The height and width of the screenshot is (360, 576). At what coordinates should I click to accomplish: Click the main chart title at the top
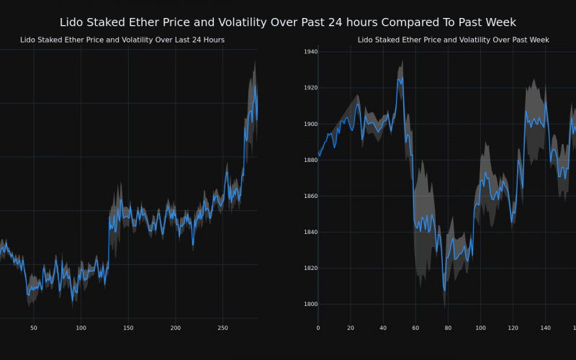pos(288,22)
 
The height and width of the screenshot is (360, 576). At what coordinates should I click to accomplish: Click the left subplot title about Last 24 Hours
pos(122,40)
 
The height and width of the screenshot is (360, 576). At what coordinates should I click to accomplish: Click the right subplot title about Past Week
pos(454,40)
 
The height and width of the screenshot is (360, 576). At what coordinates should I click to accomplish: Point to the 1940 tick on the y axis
pos(310,52)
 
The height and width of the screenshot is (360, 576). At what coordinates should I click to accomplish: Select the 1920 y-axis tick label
pos(310,88)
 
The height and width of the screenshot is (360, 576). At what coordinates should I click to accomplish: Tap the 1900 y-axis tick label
pos(310,124)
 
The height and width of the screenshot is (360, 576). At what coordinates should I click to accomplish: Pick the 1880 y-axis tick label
pos(310,160)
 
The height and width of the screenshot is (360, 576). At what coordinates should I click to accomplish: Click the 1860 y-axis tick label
pos(310,196)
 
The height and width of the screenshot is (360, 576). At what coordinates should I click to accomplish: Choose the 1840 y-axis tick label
pos(310,232)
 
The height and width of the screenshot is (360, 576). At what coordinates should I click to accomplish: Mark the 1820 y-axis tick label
pos(310,268)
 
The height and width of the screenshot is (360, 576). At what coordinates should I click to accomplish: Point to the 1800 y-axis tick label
pos(310,304)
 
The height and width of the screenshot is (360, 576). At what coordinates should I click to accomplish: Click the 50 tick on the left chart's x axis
pos(34,328)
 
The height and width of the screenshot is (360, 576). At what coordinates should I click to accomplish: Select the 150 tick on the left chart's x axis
pos(128,328)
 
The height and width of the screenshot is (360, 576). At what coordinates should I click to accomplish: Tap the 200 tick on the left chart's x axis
pos(175,328)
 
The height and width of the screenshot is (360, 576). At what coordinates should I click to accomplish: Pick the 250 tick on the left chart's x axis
pos(222,328)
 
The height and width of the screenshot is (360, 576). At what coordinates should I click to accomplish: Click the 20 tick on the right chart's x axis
pos(351,328)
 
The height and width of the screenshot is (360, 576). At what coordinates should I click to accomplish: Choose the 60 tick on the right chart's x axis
pos(415,328)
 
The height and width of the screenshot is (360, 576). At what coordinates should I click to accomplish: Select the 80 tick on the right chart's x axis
pos(448,328)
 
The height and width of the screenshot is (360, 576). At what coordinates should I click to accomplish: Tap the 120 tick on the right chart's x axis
pos(513,328)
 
